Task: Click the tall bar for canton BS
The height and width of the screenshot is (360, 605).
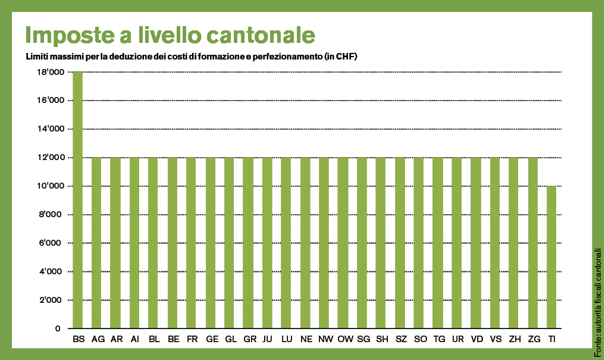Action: pyautogui.click(x=77, y=200)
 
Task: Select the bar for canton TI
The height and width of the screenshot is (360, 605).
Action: pyautogui.click(x=551, y=257)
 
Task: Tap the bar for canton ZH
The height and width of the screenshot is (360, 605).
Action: pyautogui.click(x=513, y=243)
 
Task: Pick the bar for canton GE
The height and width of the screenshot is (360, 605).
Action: pyautogui.click(x=211, y=243)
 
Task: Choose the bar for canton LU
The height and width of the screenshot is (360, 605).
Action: pyautogui.click(x=286, y=243)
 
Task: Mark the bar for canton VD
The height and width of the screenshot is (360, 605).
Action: pyautogui.click(x=475, y=243)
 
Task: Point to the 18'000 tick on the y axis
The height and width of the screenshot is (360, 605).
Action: pyautogui.click(x=50, y=72)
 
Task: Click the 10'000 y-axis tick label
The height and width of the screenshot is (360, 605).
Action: pyautogui.click(x=50, y=186)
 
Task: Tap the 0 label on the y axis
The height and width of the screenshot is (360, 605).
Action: pyautogui.click(x=58, y=328)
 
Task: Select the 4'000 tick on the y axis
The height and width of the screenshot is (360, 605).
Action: pyautogui.click(x=52, y=272)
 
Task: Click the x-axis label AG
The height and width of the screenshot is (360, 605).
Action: pyautogui.click(x=97, y=339)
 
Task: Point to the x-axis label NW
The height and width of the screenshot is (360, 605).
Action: pyautogui.click(x=324, y=339)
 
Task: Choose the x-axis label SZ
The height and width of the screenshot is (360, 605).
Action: pyautogui.click(x=400, y=339)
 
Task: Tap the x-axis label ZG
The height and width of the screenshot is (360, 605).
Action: pyautogui.click(x=533, y=339)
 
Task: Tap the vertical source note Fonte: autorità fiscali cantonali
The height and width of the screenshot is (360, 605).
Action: pyautogui.click(x=597, y=295)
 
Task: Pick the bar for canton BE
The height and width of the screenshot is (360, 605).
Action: pyautogui.click(x=173, y=243)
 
